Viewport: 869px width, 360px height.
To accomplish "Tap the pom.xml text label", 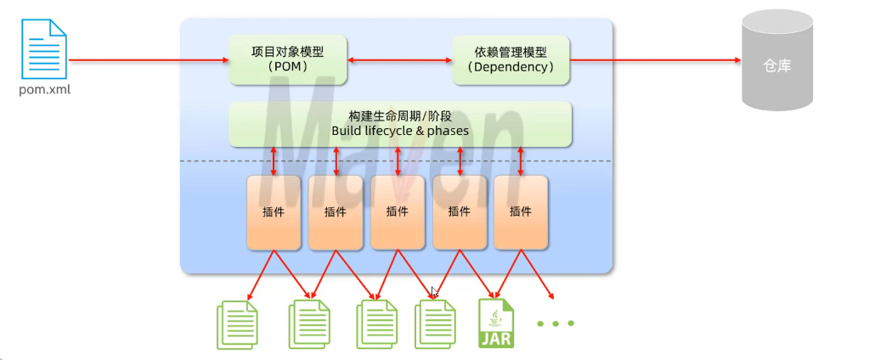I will [45, 88].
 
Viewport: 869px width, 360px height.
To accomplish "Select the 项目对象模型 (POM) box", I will [286, 59].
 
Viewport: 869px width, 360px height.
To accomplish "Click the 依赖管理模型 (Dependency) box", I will [510, 59].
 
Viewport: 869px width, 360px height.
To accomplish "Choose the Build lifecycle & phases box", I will [399, 123].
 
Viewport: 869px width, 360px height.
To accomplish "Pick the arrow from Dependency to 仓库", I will [654, 60].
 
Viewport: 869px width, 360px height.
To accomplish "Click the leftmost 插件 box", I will [274, 212].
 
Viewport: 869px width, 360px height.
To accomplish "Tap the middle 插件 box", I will [398, 212].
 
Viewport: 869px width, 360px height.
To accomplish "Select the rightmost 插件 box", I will [521, 212].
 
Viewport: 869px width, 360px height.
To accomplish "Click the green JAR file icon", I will [497, 323].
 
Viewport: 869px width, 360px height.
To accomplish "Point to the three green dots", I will [556, 323].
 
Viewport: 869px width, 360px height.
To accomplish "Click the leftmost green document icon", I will [239, 325].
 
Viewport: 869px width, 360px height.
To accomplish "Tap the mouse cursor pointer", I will [435, 292].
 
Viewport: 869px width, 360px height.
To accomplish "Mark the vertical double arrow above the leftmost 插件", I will [274, 161].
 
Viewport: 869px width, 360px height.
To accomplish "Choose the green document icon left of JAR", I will [436, 325].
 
